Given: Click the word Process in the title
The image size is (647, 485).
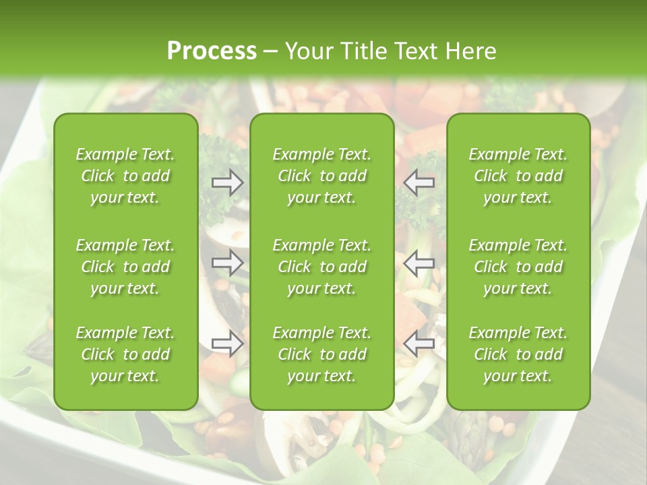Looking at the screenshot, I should click(x=212, y=51).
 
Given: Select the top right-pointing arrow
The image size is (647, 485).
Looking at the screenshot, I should click(x=228, y=182).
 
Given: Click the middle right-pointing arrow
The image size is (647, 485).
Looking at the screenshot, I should click(x=228, y=263).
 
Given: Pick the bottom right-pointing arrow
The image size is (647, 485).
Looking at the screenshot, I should click(x=228, y=343).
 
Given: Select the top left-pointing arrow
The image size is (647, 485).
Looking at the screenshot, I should click(x=419, y=182).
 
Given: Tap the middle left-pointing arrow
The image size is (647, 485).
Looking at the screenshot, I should click(x=419, y=263).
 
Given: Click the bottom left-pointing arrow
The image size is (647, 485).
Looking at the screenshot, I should click(x=419, y=343).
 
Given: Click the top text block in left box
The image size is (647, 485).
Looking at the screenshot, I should click(x=125, y=176).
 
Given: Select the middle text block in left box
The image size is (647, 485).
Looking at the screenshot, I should click(x=125, y=267).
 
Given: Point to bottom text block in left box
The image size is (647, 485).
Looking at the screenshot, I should click(x=125, y=354).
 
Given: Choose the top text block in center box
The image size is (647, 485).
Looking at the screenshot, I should click(x=322, y=176).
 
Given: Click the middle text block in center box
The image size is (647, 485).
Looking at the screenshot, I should click(x=322, y=267).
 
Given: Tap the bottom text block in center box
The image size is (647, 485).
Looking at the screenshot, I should click(x=322, y=354).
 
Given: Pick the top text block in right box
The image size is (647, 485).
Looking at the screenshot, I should click(x=518, y=176).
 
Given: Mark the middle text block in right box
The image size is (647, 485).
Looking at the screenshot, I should click(x=518, y=267).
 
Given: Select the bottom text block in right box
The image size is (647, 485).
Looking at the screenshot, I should click(x=518, y=354).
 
